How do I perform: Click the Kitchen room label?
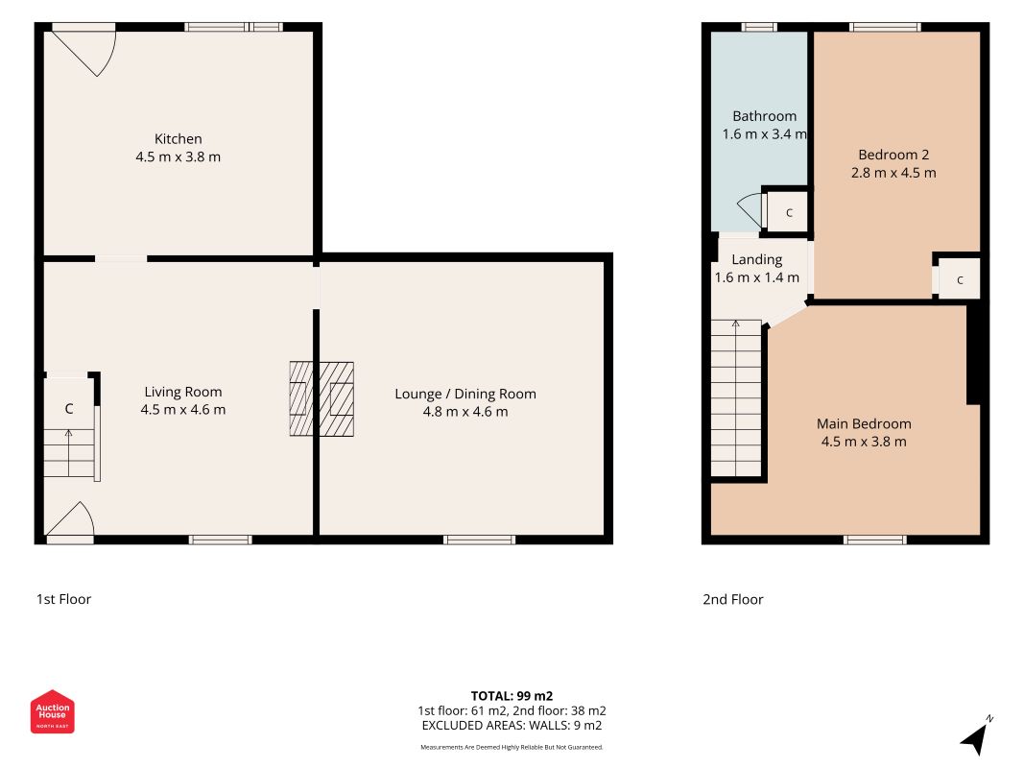(x=179, y=139)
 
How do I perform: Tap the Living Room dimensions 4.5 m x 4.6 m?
(x=183, y=410)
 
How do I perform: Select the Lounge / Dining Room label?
(x=465, y=394)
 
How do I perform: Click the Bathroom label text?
(x=765, y=116)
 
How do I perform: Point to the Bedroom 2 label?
(x=893, y=155)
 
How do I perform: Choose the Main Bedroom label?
(x=864, y=423)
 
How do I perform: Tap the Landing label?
(x=757, y=260)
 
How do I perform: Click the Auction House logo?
(x=52, y=711)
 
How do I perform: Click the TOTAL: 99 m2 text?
(x=512, y=696)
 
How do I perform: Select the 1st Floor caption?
(x=63, y=599)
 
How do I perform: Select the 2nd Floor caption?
(x=733, y=599)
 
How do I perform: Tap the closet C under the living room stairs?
(x=68, y=409)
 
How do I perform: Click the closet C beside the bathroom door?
(x=789, y=213)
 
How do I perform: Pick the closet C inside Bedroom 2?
(x=960, y=280)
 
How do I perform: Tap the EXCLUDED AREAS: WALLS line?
(x=512, y=726)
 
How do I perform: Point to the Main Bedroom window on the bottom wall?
(x=874, y=540)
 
